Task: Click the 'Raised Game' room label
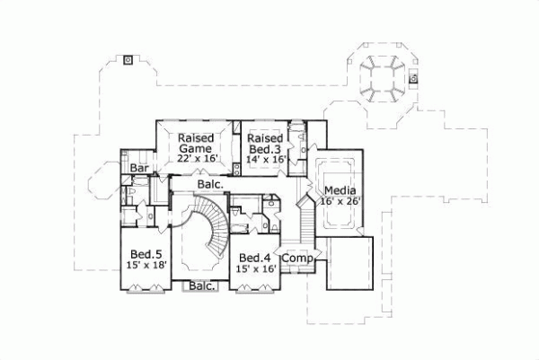tap(194, 143)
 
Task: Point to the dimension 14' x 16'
tap(265, 159)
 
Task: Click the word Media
tap(340, 190)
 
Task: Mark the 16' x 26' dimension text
tap(340, 202)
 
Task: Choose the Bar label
tap(138, 168)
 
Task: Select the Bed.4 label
tap(255, 257)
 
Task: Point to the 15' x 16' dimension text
tap(255, 268)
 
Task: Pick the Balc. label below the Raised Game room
tap(209, 184)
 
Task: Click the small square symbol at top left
tap(128, 60)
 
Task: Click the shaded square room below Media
tap(348, 262)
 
